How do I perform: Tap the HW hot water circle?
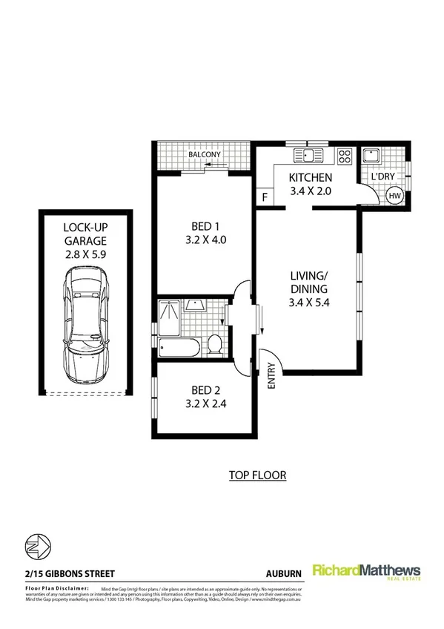[x=395, y=196]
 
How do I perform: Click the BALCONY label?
[x=204, y=155]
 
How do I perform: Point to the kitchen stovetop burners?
[x=344, y=156]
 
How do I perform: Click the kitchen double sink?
[x=308, y=156]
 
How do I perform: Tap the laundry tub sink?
[x=371, y=157]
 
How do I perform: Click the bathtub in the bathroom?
[x=180, y=345]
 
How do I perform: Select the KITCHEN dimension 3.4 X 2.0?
[x=310, y=191]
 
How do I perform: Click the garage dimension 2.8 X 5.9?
[x=85, y=254]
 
